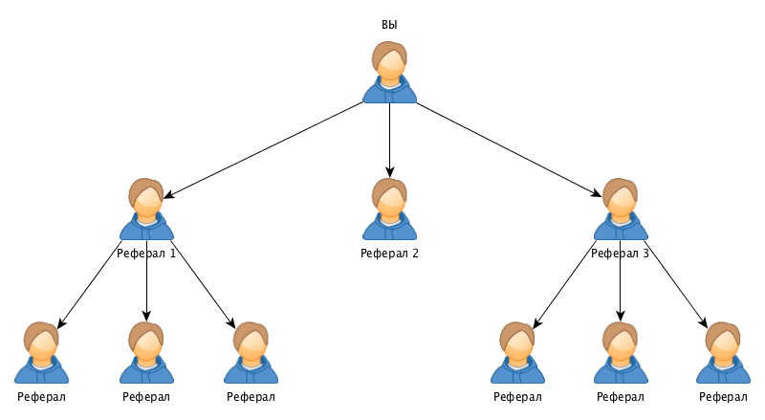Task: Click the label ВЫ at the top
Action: [389, 24]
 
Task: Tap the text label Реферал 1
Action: [146, 254]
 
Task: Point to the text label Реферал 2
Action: [389, 254]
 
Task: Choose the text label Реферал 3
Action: [620, 254]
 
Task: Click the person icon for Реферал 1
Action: [146, 210]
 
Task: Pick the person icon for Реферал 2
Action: [389, 210]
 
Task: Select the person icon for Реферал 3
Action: [620, 210]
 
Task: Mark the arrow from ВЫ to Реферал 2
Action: [389, 139]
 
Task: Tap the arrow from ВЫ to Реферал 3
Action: [507, 148]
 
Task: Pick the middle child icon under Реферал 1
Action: [146, 354]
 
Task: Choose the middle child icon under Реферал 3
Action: [620, 354]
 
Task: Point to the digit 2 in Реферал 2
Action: [415, 254]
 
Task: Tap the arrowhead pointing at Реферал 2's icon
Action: [389, 171]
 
